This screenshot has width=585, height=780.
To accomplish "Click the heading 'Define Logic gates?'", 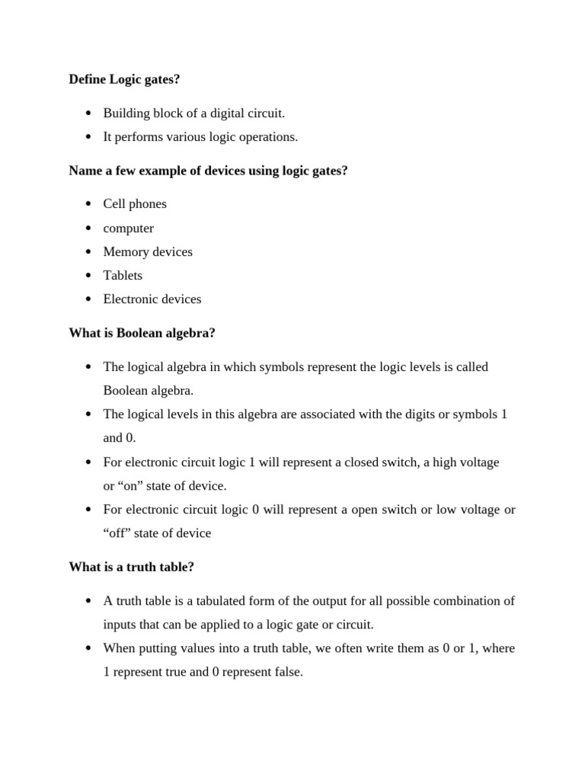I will pyautogui.click(x=124, y=79).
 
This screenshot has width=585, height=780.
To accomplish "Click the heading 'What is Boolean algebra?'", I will pyautogui.click(x=142, y=333).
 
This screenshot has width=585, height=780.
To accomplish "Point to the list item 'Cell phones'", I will pyautogui.click(x=135, y=204).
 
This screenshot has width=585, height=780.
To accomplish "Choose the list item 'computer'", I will pyautogui.click(x=128, y=229).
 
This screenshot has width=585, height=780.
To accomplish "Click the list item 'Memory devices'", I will pyautogui.click(x=148, y=252).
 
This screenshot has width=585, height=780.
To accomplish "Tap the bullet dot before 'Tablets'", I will pyautogui.click(x=88, y=276).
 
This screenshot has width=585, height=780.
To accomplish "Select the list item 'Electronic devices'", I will pyautogui.click(x=152, y=299).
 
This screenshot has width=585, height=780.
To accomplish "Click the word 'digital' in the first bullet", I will pyautogui.click(x=219, y=113).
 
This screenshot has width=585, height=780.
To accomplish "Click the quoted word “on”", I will pyautogui.click(x=134, y=486).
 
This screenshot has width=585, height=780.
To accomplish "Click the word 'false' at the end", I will pyautogui.click(x=286, y=673).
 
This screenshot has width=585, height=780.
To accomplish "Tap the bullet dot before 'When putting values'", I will pyautogui.click(x=88, y=649).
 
